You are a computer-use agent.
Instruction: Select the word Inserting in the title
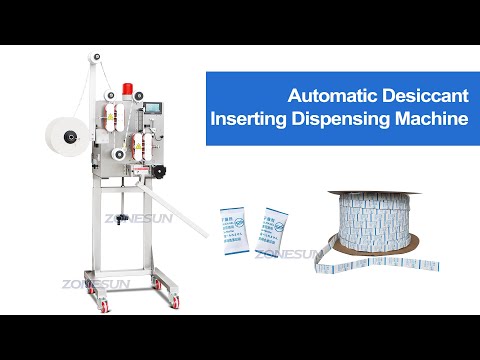(248, 120)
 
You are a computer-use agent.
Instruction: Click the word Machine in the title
(432, 120)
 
